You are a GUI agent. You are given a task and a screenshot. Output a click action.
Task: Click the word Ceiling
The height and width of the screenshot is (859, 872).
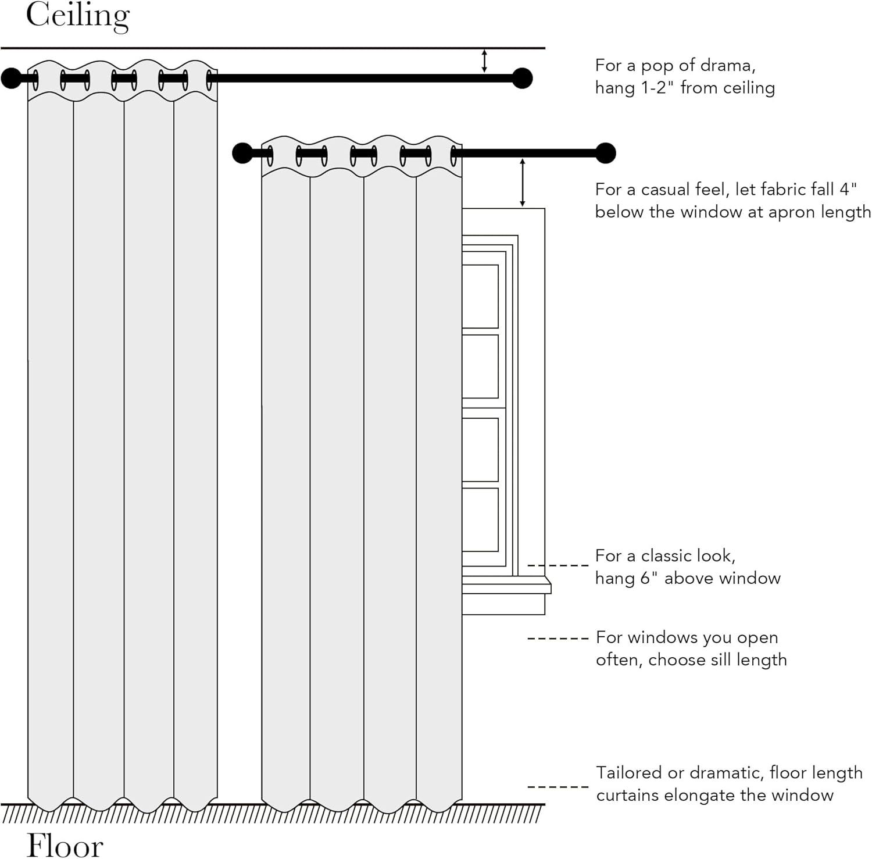click(77, 16)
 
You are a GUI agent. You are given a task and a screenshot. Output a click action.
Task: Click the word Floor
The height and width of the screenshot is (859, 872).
click(65, 844)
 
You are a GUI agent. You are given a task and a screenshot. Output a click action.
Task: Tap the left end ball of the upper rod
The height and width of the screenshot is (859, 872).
click(10, 78)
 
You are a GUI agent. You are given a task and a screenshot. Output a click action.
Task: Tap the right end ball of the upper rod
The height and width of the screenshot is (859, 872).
click(523, 78)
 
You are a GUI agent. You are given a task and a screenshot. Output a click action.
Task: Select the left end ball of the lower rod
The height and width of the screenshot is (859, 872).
click(242, 153)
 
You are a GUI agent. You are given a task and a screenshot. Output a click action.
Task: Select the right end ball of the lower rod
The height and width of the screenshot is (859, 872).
click(606, 153)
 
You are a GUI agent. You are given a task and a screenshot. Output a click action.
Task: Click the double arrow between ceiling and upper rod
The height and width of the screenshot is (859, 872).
click(484, 61)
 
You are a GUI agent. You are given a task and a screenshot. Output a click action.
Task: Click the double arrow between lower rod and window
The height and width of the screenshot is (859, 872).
click(522, 183)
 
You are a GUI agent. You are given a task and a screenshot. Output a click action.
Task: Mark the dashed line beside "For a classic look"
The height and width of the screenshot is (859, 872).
click(557, 565)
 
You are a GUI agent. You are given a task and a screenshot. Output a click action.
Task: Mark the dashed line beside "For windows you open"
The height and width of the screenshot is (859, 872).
click(557, 639)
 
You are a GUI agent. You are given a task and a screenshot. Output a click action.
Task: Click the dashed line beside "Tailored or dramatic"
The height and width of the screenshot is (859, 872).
click(557, 787)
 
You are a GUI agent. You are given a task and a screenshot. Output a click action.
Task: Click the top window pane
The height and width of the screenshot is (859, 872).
click(480, 296)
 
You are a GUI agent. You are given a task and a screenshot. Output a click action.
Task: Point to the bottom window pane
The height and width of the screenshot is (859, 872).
click(480, 519)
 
